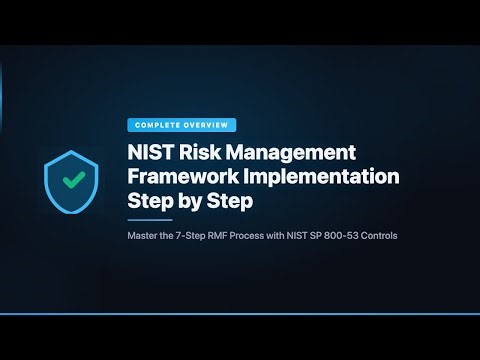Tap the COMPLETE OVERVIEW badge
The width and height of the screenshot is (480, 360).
(182, 125)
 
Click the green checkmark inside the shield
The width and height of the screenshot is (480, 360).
(71, 181)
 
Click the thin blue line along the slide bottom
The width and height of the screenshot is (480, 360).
(240, 314)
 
